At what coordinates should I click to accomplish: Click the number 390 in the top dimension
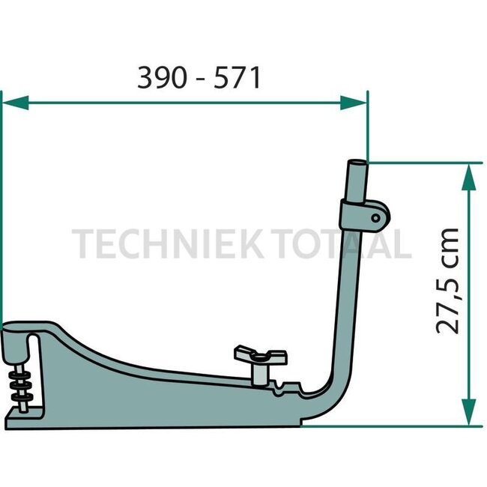point(160,77)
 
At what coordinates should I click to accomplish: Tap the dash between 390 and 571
point(199,79)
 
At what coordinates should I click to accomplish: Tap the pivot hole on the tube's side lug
point(375,217)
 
